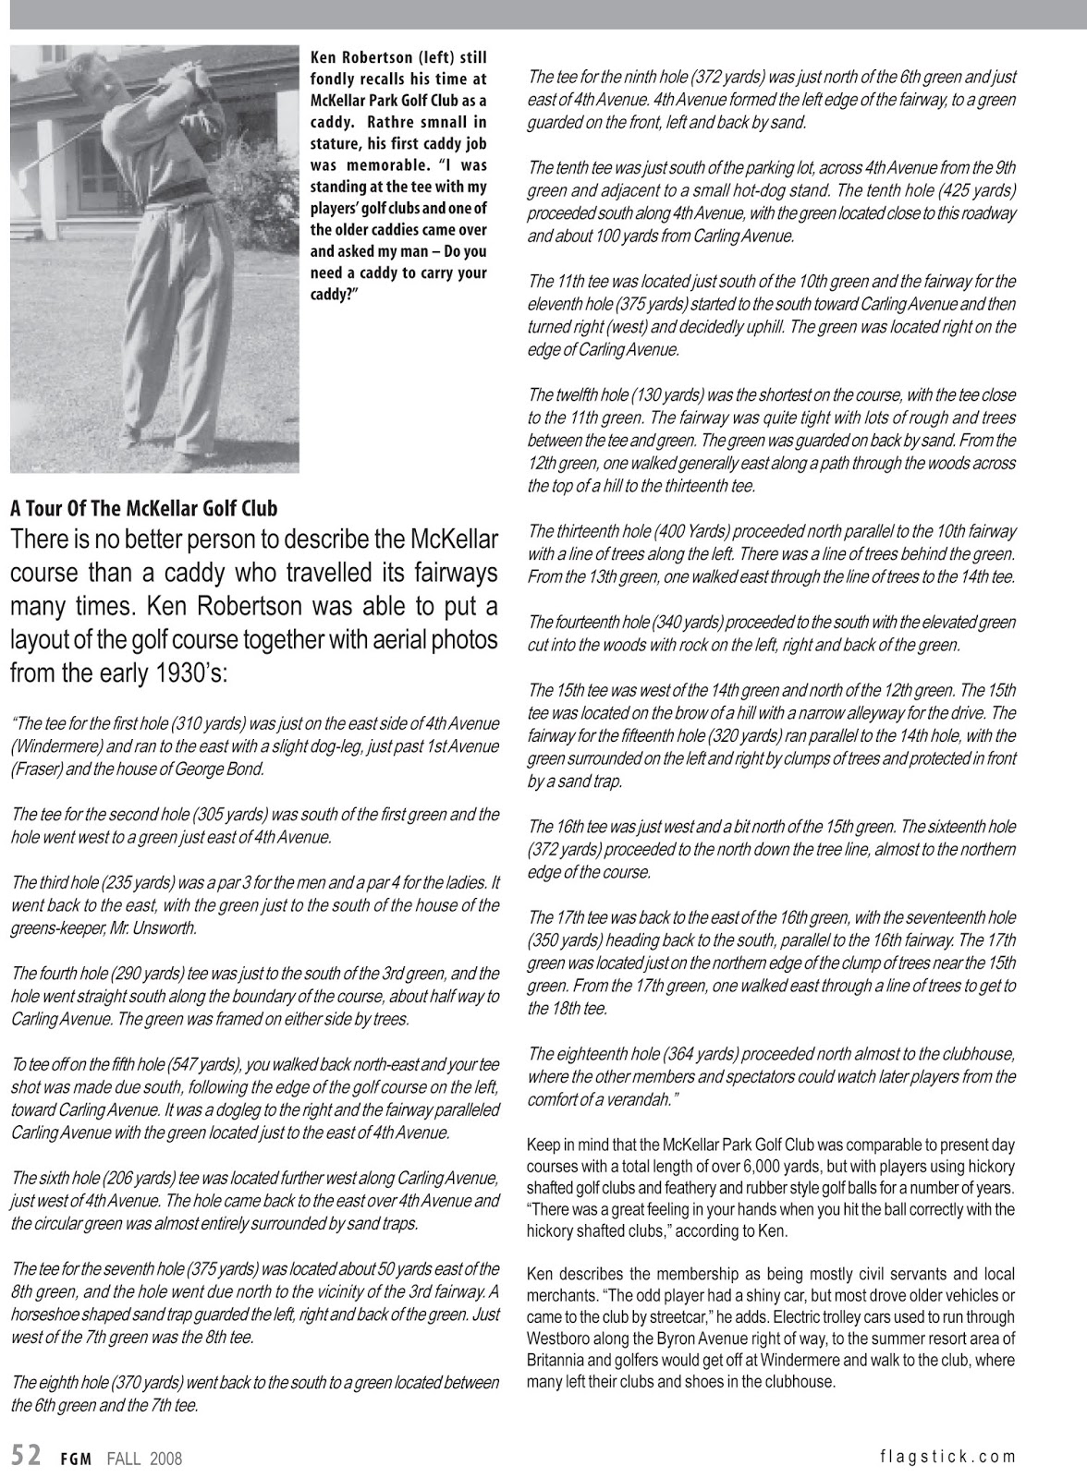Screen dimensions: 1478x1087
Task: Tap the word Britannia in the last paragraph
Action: pyautogui.click(x=557, y=1361)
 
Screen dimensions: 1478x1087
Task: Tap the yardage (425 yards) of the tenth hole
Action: pyautogui.click(x=976, y=190)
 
